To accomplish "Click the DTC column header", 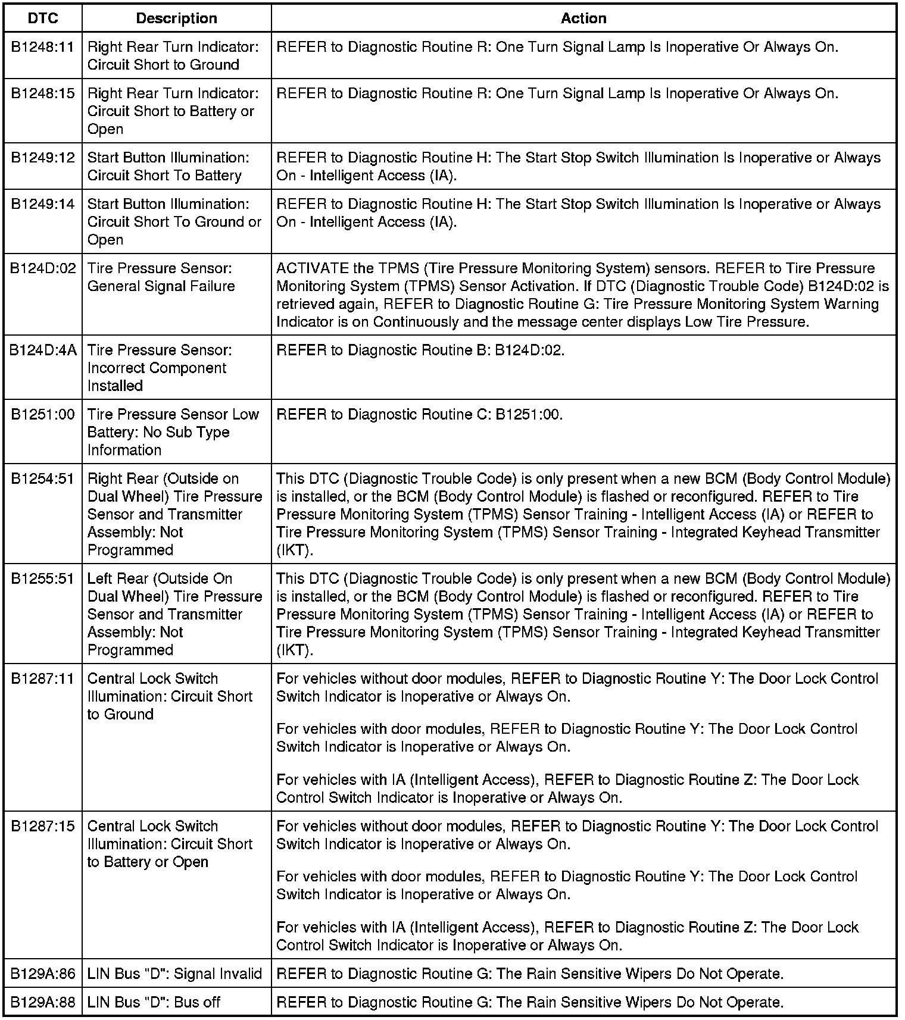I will point(43,18).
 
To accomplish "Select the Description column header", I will point(176,18).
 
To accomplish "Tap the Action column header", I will point(583,18).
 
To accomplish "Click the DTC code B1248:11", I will point(43,47).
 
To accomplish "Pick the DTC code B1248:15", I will point(43,93).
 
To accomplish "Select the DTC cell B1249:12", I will point(43,158).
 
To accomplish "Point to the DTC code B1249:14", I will point(43,204).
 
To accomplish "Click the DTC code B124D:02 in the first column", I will point(43,268).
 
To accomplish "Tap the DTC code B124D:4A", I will point(43,351).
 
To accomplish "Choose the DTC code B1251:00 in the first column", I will point(43,415).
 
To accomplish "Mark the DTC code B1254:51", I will point(43,479).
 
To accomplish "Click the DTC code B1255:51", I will point(43,579).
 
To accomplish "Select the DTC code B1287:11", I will point(43,679).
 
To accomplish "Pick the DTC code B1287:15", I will point(43,827).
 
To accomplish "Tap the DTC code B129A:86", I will point(43,974).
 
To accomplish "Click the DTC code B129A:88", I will point(43,1003).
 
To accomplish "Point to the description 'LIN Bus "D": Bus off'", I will point(154,1003).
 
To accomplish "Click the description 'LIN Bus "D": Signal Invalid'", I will point(174,974).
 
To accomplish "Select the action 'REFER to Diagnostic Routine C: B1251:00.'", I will point(419,415).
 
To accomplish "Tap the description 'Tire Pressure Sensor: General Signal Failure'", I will point(161,277).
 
